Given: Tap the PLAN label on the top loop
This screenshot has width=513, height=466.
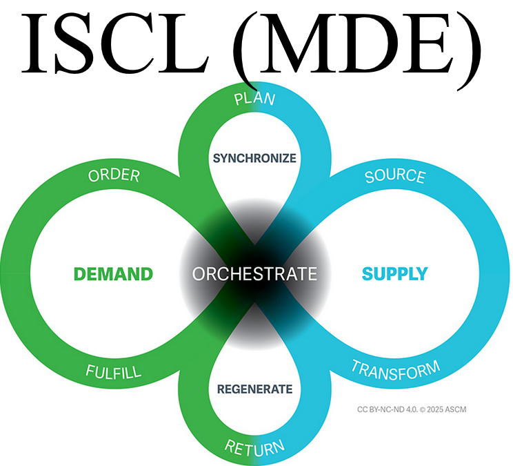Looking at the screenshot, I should [254, 99].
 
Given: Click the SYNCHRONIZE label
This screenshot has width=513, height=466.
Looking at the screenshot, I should [254, 158].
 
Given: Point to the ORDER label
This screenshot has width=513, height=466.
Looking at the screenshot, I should [114, 176].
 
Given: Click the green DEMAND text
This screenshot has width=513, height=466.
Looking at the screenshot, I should [113, 274].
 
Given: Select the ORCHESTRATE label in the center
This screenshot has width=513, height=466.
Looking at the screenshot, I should [254, 274].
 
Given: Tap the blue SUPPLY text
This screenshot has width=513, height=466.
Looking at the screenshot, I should [394, 274].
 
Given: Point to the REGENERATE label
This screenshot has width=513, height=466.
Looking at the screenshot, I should [254, 389].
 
